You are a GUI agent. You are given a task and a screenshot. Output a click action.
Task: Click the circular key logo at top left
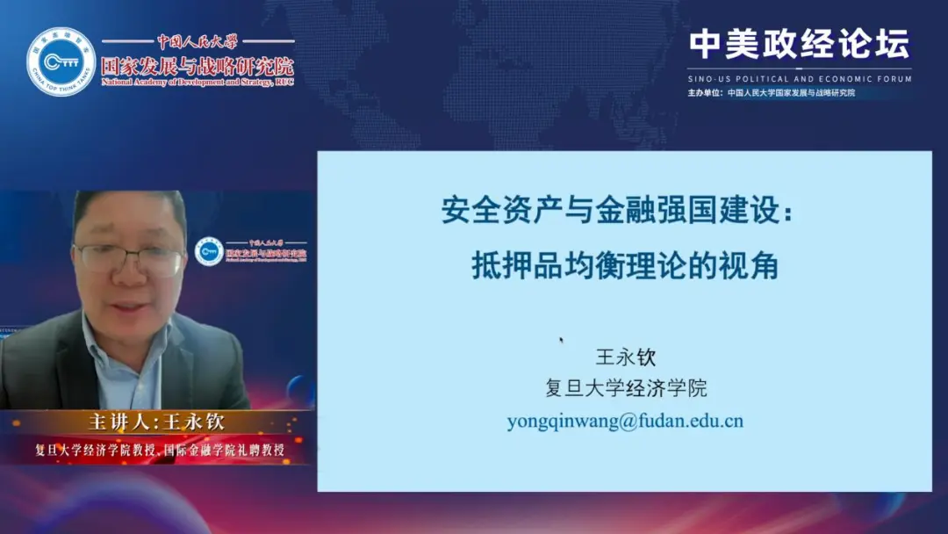61,61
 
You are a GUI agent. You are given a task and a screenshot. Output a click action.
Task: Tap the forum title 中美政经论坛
799,43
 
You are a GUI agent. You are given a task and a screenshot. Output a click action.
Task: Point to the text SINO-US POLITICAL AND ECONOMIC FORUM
799,78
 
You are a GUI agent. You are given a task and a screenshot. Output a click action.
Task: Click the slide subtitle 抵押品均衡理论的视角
625,264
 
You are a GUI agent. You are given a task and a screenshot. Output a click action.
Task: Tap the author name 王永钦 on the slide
626,357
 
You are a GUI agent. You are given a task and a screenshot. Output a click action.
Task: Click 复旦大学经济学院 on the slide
626,388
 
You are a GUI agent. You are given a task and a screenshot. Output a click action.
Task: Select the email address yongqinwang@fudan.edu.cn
625,421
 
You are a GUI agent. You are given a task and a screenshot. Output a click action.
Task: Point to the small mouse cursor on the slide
561,340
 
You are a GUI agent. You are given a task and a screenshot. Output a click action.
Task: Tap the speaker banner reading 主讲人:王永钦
157,422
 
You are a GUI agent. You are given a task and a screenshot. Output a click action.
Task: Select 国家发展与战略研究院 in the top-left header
197,66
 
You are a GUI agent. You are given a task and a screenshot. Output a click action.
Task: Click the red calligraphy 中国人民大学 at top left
197,41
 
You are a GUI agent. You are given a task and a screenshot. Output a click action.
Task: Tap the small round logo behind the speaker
209,252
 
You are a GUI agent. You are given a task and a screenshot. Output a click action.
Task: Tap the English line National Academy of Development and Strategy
197,83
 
